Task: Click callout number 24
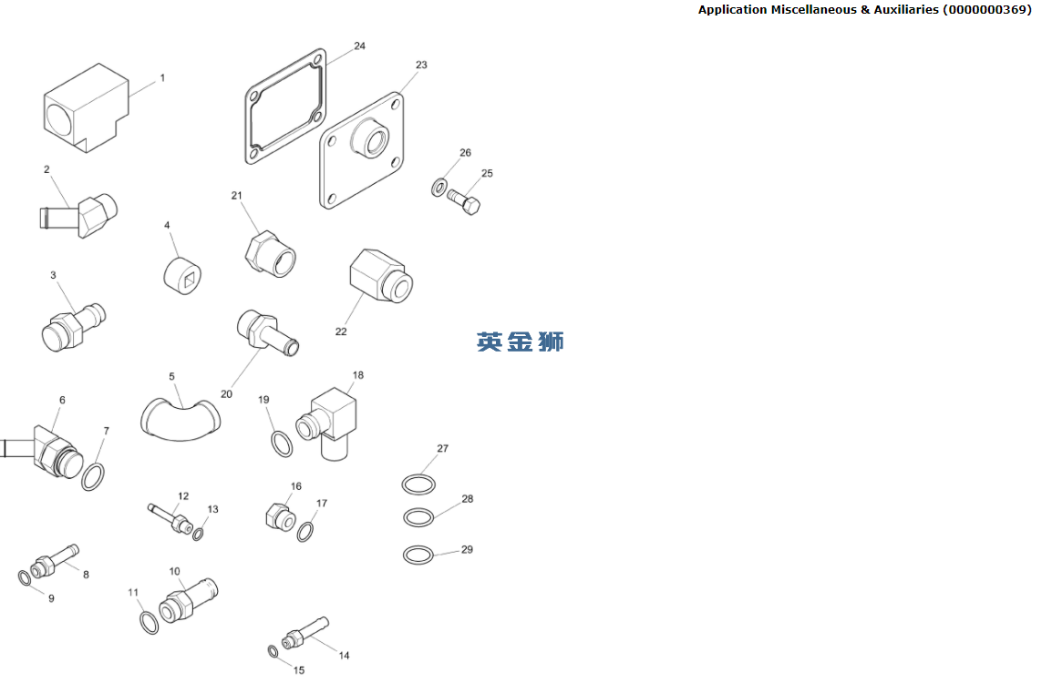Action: click(359, 46)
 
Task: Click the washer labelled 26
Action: click(439, 188)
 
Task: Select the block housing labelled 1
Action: click(86, 107)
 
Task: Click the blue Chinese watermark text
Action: click(521, 341)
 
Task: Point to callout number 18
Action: click(358, 375)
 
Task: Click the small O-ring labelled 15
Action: click(273, 651)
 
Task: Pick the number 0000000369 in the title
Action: click(986, 9)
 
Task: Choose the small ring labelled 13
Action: click(198, 533)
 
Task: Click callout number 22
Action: click(341, 331)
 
